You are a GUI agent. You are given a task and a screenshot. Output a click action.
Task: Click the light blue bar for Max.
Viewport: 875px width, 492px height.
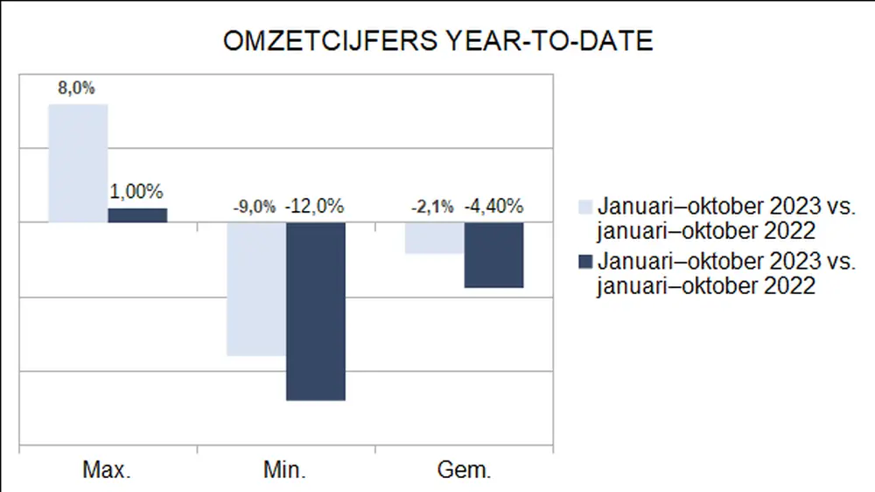(x=78, y=163)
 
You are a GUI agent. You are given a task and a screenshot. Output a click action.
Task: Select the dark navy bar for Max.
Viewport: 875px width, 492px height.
(x=137, y=215)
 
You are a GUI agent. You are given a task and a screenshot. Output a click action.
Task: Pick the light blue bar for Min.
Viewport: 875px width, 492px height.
(x=255, y=289)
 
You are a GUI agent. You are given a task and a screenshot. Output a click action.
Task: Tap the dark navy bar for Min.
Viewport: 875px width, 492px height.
(x=315, y=311)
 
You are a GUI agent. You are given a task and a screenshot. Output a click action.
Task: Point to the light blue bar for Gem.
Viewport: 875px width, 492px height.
(x=434, y=238)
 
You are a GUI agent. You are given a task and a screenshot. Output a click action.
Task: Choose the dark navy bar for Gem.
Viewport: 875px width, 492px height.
(x=493, y=255)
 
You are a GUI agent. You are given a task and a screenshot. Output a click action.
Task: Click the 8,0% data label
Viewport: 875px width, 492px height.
(x=78, y=90)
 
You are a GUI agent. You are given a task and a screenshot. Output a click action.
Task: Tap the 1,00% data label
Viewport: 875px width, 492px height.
(x=136, y=192)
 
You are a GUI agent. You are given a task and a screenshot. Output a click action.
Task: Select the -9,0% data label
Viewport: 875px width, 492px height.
(x=254, y=207)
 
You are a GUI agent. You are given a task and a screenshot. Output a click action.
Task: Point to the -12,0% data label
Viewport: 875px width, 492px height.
(x=314, y=207)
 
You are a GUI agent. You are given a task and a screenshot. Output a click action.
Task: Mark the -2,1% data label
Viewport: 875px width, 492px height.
(x=432, y=207)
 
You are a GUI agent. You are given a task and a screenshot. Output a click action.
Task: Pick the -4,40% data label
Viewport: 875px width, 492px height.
(x=493, y=207)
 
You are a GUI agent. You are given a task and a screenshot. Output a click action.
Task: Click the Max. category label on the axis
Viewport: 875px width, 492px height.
(x=107, y=470)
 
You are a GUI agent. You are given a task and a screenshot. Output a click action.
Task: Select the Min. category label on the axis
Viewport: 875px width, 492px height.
(x=284, y=470)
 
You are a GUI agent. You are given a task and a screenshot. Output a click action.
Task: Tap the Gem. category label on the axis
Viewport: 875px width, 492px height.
(x=463, y=470)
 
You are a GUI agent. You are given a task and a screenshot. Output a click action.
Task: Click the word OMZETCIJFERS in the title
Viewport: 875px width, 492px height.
(x=330, y=41)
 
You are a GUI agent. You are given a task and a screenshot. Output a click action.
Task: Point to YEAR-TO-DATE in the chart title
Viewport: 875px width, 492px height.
(x=545, y=41)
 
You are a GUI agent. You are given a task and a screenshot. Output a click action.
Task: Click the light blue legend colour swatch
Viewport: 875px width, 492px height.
(x=585, y=207)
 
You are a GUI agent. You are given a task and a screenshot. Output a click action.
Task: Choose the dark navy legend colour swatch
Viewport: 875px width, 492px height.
(x=585, y=262)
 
